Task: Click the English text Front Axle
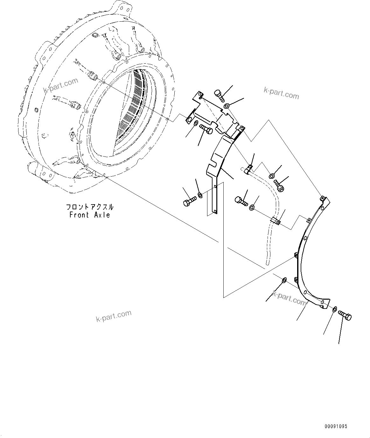(90, 215)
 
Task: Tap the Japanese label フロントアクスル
(90, 207)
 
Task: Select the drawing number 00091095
(336, 426)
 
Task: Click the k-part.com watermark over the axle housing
(60, 86)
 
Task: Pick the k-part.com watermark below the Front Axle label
(114, 316)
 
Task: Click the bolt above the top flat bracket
(219, 94)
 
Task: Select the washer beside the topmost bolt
(227, 106)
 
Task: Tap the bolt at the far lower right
(345, 316)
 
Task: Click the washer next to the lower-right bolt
(335, 309)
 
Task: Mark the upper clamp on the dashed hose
(249, 170)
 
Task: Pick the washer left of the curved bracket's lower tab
(284, 280)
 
